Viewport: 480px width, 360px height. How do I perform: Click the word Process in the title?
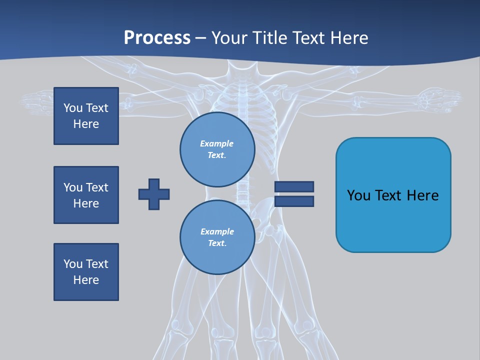[157, 38]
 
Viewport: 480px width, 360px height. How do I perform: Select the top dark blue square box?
[86, 116]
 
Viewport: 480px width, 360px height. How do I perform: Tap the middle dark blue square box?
[86, 195]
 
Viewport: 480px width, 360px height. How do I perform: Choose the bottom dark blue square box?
[86, 272]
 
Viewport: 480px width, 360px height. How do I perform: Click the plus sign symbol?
[154, 194]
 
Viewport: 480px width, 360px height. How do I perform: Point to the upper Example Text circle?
[217, 149]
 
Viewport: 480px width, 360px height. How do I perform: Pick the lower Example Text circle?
[217, 237]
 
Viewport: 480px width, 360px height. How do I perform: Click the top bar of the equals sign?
[294, 186]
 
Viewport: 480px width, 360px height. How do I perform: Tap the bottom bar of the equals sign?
[294, 201]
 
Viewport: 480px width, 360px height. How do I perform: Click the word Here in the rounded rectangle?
[422, 195]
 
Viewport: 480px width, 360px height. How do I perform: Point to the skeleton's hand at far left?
[37, 102]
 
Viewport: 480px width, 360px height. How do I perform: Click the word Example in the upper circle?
[217, 143]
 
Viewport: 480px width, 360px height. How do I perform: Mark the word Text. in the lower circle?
[217, 243]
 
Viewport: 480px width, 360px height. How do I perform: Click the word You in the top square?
[73, 108]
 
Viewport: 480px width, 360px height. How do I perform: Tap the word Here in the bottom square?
[86, 280]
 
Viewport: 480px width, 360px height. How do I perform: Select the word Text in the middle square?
[97, 187]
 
